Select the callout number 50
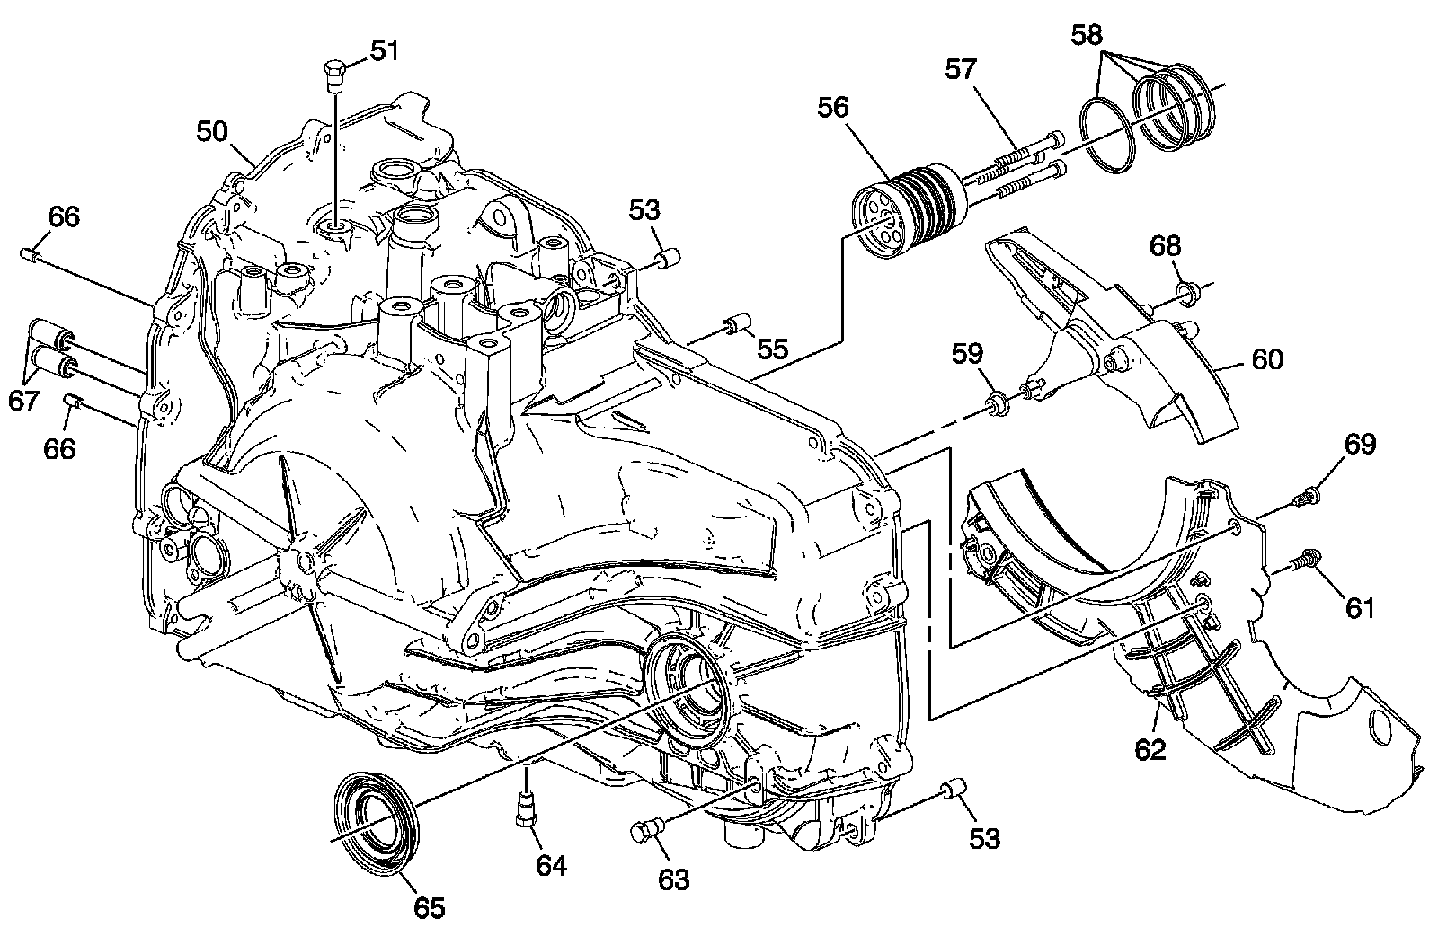(212, 131)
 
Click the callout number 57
(961, 68)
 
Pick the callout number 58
(1087, 35)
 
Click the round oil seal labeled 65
(377, 827)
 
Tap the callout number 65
(429, 907)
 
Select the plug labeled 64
(526, 809)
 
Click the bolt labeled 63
(644, 831)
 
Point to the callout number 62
(1150, 749)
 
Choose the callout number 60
(1267, 359)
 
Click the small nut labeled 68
(1184, 293)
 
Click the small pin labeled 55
(738, 323)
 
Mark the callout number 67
(23, 401)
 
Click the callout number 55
(772, 349)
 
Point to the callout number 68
(1165, 246)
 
